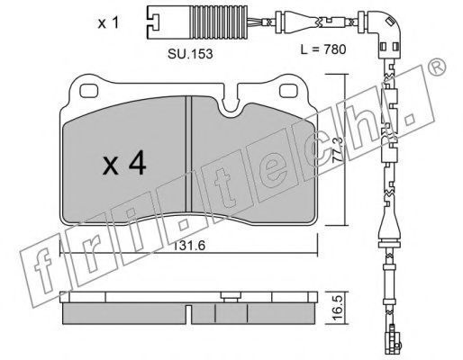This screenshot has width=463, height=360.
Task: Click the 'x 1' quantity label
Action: pos(108,23)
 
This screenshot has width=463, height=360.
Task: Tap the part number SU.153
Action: pos(190,54)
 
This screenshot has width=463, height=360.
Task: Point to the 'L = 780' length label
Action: pos(323,49)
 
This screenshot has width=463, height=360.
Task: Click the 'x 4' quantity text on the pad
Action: pos(124,164)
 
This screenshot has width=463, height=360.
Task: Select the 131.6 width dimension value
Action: pos(189,246)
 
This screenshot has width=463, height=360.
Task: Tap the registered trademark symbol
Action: pos(437,67)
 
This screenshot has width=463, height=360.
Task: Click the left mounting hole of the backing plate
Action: pos(89,91)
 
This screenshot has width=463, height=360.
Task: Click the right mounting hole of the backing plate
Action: pos(289,91)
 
